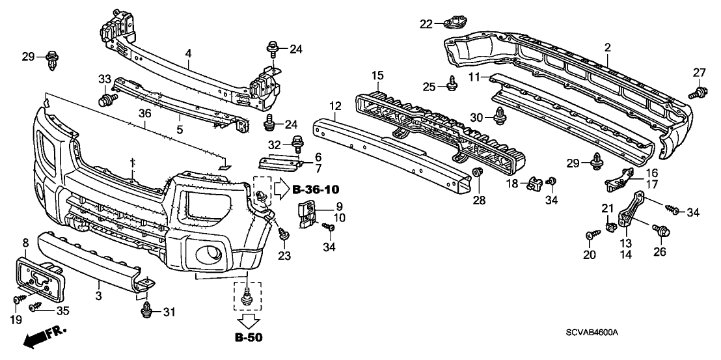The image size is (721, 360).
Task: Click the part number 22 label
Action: click(x=426, y=23)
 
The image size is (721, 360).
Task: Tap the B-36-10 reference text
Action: click(x=315, y=190)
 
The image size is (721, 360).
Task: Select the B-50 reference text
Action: click(x=249, y=337)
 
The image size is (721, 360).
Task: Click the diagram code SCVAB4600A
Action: click(x=592, y=332)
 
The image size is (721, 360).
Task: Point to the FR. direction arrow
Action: click(x=42, y=338)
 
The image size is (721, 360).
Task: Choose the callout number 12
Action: click(x=335, y=105)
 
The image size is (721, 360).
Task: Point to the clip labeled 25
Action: click(x=450, y=83)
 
